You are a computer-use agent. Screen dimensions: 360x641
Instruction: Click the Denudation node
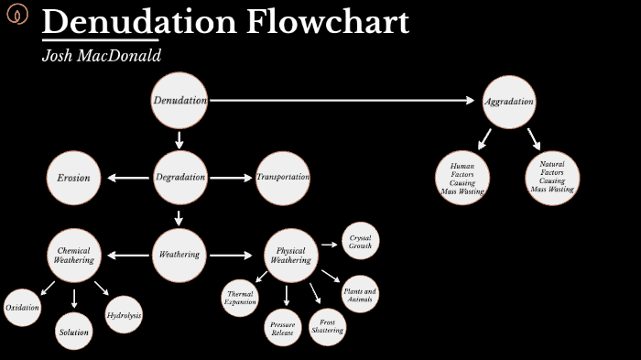(179, 100)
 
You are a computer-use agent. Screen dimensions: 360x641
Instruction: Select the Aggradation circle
(508, 102)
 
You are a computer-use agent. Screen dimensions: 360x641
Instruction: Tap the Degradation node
(179, 178)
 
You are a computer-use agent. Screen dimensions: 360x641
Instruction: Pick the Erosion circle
(73, 178)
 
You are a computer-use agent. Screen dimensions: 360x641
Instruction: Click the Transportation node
(283, 178)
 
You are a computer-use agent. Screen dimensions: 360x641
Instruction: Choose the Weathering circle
(179, 255)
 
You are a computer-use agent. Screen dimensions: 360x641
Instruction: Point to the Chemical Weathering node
(73, 255)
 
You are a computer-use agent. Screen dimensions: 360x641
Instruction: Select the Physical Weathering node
(290, 255)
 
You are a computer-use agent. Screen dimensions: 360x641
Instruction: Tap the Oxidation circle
(22, 307)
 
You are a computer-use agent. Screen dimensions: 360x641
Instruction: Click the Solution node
(74, 332)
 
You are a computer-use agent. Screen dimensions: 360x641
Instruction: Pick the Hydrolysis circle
(124, 315)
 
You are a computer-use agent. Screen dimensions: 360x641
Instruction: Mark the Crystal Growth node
(359, 242)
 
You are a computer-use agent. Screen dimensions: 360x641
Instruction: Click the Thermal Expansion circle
(241, 299)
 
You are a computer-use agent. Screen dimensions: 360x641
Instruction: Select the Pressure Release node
(282, 328)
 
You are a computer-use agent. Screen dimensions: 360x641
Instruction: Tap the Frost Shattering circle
(327, 326)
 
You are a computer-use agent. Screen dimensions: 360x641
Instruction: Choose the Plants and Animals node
(359, 295)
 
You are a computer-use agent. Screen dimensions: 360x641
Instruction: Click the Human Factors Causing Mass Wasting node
(462, 179)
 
